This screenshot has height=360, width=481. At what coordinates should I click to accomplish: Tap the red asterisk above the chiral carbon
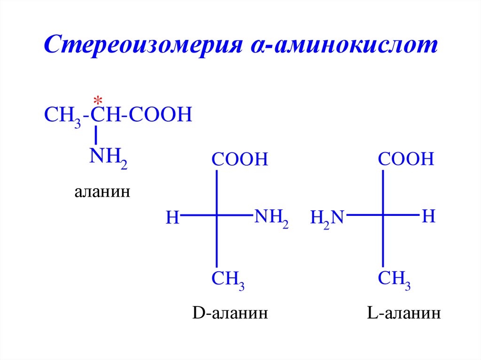tap(98, 100)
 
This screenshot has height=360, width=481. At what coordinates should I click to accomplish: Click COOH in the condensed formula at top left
tap(160, 115)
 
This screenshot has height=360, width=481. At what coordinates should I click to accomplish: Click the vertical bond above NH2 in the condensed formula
tap(96, 135)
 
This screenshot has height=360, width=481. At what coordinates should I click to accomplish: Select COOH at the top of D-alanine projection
tap(239, 160)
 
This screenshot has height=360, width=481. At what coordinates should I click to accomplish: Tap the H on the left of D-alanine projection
tap(173, 218)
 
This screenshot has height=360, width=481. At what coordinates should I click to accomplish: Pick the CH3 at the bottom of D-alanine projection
tap(228, 281)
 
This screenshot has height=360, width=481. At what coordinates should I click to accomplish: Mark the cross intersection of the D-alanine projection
tap(217, 215)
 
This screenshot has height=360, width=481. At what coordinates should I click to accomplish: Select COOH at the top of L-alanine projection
tap(406, 159)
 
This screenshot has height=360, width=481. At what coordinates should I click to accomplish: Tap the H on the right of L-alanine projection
tap(428, 216)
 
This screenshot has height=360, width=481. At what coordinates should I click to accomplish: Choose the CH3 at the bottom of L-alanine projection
tap(394, 280)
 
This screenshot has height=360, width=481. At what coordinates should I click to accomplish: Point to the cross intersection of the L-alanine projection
tap(383, 215)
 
